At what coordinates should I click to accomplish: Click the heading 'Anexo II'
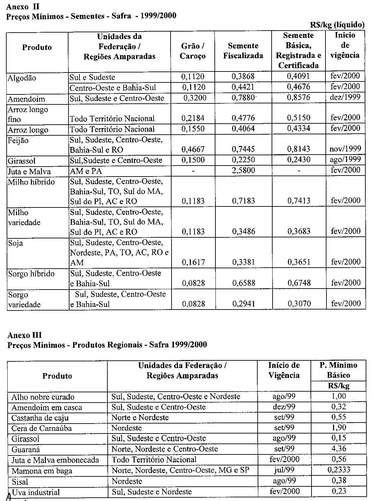(23, 6)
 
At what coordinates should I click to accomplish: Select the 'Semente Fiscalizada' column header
(243, 51)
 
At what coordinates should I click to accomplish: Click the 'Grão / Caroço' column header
(192, 51)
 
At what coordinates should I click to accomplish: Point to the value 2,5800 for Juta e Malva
(243, 171)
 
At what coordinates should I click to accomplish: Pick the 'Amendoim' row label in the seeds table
(26, 99)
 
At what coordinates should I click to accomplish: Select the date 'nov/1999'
(345, 149)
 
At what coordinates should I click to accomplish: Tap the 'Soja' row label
(16, 243)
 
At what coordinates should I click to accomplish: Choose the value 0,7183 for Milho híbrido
(243, 201)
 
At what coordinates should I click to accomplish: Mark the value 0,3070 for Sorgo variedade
(298, 303)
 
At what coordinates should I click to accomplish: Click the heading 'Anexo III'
(24, 335)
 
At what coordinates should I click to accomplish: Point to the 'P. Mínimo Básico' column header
(338, 370)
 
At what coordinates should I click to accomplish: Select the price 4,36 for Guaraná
(339, 449)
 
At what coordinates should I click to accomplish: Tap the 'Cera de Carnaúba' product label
(42, 428)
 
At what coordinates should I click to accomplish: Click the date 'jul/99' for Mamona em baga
(284, 470)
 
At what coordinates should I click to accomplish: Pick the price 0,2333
(339, 470)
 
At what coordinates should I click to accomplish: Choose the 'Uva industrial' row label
(36, 492)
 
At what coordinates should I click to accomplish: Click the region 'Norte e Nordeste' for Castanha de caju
(140, 418)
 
